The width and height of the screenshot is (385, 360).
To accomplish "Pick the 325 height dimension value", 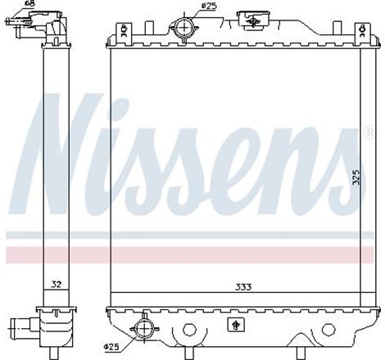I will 355,178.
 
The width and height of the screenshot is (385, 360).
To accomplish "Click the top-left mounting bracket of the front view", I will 121,34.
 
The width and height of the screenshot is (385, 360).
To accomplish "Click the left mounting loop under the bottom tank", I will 190,333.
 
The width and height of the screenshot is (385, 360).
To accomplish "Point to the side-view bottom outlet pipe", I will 18,329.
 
